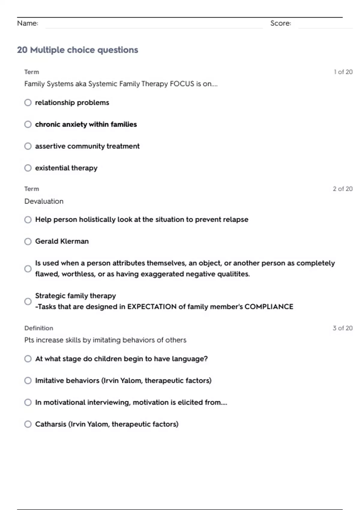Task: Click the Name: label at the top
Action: click(28, 23)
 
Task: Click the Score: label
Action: click(280, 23)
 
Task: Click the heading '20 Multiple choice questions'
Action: click(77, 50)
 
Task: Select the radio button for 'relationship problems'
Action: click(28, 103)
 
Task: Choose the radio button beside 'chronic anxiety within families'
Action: click(28, 124)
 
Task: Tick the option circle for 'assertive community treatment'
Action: click(28, 146)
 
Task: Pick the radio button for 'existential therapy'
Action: click(28, 168)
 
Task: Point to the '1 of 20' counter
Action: click(343, 72)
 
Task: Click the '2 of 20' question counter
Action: click(343, 189)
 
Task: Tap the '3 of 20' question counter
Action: click(343, 328)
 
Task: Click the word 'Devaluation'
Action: click(44, 201)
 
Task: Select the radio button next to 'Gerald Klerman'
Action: click(28, 241)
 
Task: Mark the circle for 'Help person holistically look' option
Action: click(28, 220)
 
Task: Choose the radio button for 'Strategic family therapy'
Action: click(28, 301)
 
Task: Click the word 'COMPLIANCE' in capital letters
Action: click(269, 307)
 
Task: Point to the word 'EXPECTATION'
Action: click(152, 307)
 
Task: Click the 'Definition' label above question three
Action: click(39, 328)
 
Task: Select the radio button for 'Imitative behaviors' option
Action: click(28, 381)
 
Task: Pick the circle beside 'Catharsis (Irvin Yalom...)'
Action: click(28, 424)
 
